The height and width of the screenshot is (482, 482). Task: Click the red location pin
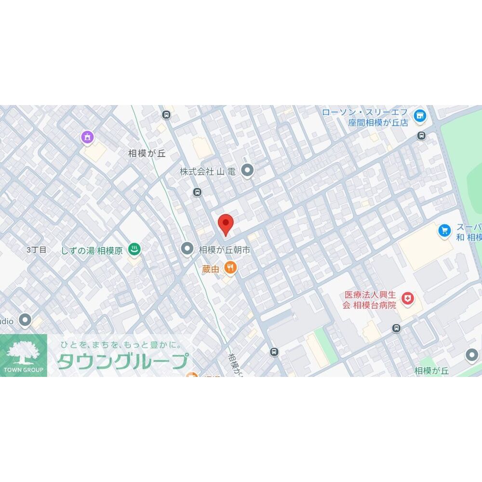pyautogui.click(x=226, y=224)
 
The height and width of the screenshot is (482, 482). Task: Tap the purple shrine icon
pyautogui.click(x=87, y=137)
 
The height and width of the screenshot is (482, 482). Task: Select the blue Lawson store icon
pyautogui.click(x=420, y=115)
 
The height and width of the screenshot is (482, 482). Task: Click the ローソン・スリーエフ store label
pyautogui.click(x=364, y=117)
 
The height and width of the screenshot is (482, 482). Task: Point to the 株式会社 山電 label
pyautogui.click(x=207, y=171)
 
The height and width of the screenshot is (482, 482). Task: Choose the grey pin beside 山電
pyautogui.click(x=247, y=170)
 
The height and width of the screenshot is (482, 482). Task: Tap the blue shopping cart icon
pyautogui.click(x=444, y=230)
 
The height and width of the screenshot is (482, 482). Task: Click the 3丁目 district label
pyautogui.click(x=37, y=250)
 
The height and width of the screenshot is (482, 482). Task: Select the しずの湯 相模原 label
pyautogui.click(x=92, y=250)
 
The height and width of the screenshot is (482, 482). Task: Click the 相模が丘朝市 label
pyautogui.click(x=225, y=250)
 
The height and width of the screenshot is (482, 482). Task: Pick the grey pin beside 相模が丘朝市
pyautogui.click(x=187, y=249)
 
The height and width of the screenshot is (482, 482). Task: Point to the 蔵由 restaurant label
pyautogui.click(x=211, y=269)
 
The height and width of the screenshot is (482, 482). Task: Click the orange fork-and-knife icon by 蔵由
pyautogui.click(x=231, y=268)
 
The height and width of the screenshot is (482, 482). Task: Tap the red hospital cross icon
pyautogui.click(x=408, y=299)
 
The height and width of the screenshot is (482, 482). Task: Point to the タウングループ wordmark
pyautogui.click(x=122, y=361)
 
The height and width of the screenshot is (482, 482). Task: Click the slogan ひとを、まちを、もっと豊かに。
pyautogui.click(x=120, y=345)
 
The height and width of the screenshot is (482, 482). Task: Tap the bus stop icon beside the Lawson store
pyautogui.click(x=422, y=135)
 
